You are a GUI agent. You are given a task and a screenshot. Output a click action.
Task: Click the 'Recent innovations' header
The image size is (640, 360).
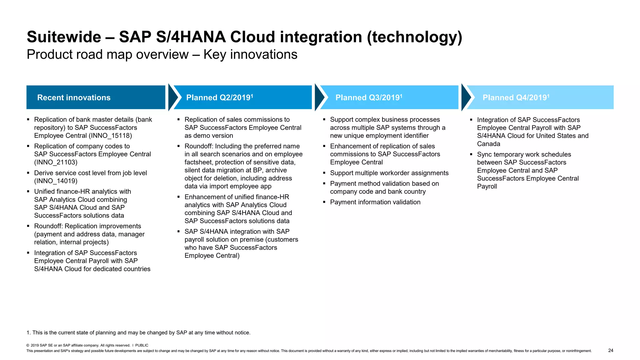pos(74,97)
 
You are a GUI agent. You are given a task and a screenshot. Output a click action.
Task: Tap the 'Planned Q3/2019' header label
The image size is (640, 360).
pos(368,97)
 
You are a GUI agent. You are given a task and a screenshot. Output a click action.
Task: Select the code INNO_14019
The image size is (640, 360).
pos(56,181)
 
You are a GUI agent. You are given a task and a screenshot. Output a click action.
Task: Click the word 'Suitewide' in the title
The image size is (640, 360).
pos(64,37)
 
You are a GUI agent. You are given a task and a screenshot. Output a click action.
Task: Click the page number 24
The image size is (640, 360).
pos(611,350)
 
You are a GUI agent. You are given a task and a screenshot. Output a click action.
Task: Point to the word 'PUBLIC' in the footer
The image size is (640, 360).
pos(142,345)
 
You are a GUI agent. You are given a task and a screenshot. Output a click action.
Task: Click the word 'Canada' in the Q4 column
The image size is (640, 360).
pos(488,144)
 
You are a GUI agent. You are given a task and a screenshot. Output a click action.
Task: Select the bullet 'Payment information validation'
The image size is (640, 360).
pos(375,202)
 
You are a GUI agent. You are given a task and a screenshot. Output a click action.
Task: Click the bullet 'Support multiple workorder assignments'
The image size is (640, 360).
pos(389,173)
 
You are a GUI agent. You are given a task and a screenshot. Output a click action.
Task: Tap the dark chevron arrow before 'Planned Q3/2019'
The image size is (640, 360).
pos(320,97)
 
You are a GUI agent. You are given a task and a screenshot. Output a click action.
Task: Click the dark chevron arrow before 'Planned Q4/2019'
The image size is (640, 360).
pos(466,97)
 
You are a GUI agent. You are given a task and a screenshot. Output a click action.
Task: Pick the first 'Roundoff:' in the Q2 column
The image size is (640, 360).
pos(199,146)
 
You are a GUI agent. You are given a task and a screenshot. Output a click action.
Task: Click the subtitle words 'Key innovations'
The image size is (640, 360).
pos(250,55)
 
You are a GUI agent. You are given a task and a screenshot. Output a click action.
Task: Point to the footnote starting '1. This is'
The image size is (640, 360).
pos(138,332)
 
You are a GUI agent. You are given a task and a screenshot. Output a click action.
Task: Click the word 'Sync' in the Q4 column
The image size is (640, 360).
pos(484,154)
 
